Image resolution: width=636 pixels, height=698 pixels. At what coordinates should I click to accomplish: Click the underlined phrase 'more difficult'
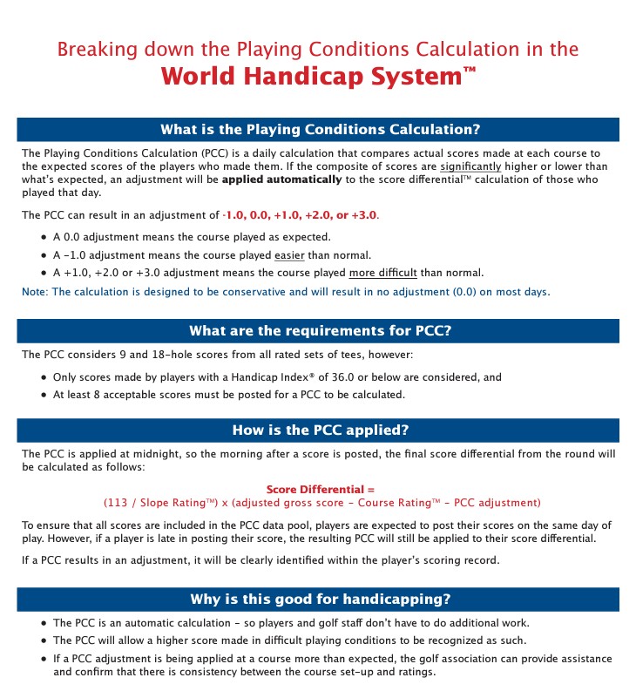tap(384, 273)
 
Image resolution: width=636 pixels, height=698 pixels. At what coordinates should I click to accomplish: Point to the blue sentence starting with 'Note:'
tap(286, 291)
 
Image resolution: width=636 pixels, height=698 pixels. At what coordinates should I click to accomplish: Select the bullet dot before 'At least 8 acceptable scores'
tap(44, 394)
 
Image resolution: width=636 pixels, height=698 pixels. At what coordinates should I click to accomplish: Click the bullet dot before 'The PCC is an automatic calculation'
tap(44, 624)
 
